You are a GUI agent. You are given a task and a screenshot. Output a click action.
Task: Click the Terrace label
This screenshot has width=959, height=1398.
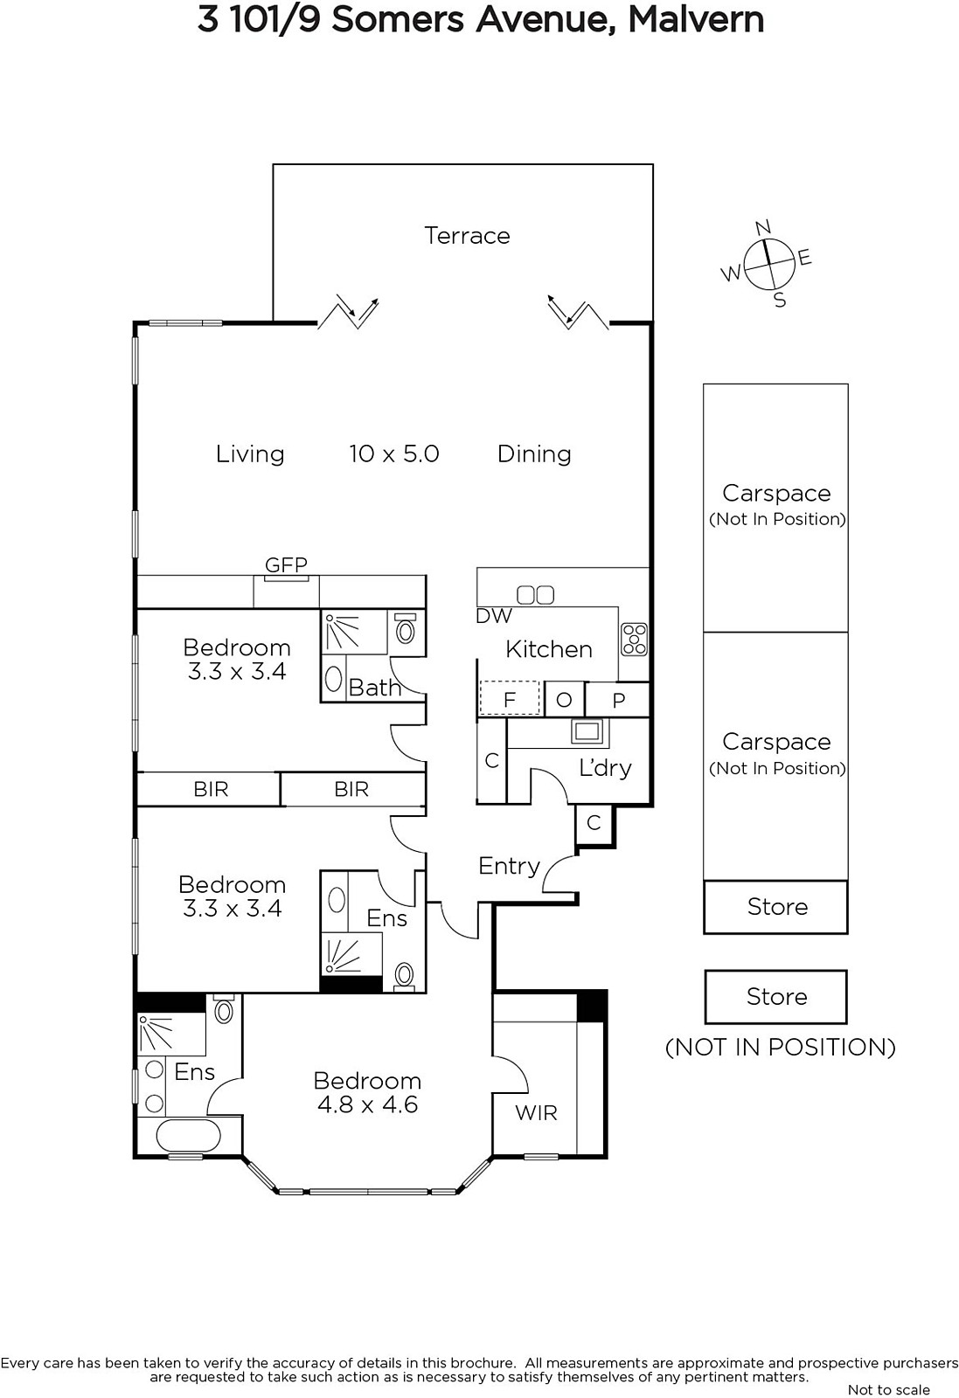pos(467,236)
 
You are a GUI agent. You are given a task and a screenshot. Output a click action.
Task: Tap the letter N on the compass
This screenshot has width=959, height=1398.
pos(763,228)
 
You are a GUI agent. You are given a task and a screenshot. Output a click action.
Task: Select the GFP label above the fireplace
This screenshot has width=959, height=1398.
pos(287,564)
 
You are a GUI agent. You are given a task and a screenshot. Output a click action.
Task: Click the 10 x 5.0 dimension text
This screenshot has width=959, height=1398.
pos(394,453)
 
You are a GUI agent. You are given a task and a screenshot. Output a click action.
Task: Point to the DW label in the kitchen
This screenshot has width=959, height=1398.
pos(493,616)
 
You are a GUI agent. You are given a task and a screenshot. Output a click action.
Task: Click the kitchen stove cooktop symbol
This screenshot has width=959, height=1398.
pos(634,639)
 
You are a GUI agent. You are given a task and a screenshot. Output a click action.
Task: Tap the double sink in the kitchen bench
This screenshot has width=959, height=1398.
pos(536,595)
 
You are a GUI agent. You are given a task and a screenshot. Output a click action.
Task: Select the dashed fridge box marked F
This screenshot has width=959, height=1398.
pos(510,698)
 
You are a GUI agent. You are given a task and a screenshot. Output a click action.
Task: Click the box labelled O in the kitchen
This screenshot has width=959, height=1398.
pos(565,699)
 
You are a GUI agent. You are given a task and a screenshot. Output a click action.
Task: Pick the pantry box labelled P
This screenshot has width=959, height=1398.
pos(618,699)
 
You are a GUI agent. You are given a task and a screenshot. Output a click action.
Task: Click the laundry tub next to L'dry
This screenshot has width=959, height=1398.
pos(588,731)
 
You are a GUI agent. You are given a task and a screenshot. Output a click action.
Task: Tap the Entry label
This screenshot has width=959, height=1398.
pos(509,866)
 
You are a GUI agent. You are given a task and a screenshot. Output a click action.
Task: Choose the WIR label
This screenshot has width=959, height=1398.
pos(536,1112)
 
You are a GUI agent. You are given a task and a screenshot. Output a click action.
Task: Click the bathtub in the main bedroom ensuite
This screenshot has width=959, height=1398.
pos(189,1135)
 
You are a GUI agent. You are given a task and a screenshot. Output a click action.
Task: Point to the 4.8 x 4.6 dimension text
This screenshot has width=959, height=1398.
pos(367,1104)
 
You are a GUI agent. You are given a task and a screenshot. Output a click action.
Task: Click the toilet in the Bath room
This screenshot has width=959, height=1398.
pos(406,629)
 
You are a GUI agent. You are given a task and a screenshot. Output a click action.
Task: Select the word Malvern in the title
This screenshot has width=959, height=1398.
pos(696,20)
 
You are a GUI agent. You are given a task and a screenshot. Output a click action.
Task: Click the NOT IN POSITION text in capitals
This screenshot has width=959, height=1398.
pos(781,1048)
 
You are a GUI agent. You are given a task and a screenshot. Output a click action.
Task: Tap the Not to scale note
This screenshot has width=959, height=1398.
pos(888,1390)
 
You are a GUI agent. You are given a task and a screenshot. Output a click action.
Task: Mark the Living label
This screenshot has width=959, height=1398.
pos(250,454)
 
